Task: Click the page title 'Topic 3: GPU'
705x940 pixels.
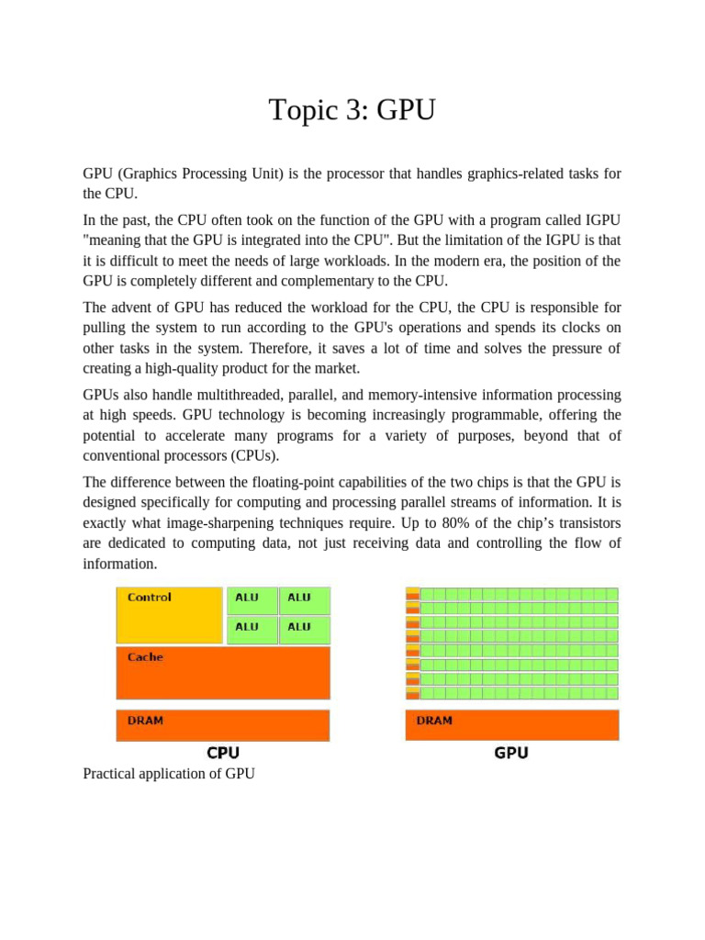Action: [352, 110]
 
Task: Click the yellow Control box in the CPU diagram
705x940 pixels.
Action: [170, 615]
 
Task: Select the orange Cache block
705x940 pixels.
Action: [223, 673]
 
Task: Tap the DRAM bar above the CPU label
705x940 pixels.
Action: [223, 725]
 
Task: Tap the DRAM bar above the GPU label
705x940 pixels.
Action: [512, 725]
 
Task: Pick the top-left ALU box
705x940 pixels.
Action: [252, 600]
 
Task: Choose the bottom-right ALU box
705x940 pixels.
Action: [304, 629]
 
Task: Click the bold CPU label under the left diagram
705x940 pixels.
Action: [223, 753]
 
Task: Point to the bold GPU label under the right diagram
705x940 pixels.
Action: [511, 753]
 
